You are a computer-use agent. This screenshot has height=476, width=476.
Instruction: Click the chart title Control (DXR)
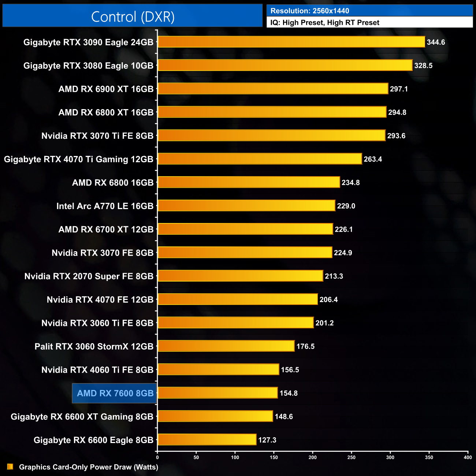[x=133, y=17]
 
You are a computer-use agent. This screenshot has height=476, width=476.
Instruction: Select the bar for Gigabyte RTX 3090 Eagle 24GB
[x=291, y=42]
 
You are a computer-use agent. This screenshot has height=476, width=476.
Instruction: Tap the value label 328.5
[x=423, y=66]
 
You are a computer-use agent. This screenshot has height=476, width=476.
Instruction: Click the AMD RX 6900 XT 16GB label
[x=106, y=89]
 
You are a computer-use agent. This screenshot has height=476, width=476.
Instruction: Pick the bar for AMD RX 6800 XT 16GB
[x=272, y=112]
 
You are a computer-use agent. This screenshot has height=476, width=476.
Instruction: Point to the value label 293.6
[x=396, y=136]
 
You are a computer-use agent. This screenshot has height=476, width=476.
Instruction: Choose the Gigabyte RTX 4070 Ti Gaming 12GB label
[x=79, y=159]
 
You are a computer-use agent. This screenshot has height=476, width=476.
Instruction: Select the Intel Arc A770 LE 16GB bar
[x=246, y=206]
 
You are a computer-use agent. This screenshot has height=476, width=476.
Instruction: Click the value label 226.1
[x=343, y=230]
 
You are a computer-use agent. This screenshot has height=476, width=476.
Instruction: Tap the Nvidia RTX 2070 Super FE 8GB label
[x=89, y=276]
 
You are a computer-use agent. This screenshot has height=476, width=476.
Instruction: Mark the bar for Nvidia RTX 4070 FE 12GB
[x=237, y=299]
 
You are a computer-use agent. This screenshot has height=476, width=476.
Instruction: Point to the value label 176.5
[x=305, y=346]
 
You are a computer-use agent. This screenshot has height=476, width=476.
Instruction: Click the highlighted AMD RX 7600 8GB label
[x=115, y=393]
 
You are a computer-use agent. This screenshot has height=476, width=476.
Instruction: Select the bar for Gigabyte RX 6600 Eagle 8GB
[x=207, y=439]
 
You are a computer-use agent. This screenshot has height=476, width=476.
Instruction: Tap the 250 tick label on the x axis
[x=352, y=457]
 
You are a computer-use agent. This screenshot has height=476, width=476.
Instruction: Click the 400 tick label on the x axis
[x=468, y=457]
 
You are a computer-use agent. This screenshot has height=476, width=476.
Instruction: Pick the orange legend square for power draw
[x=10, y=466]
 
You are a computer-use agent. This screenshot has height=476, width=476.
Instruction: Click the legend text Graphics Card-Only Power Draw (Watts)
[x=89, y=467]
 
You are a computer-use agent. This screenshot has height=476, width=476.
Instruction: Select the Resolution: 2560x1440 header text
[x=310, y=11]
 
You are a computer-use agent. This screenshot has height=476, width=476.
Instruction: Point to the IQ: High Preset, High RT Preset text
[x=325, y=23]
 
